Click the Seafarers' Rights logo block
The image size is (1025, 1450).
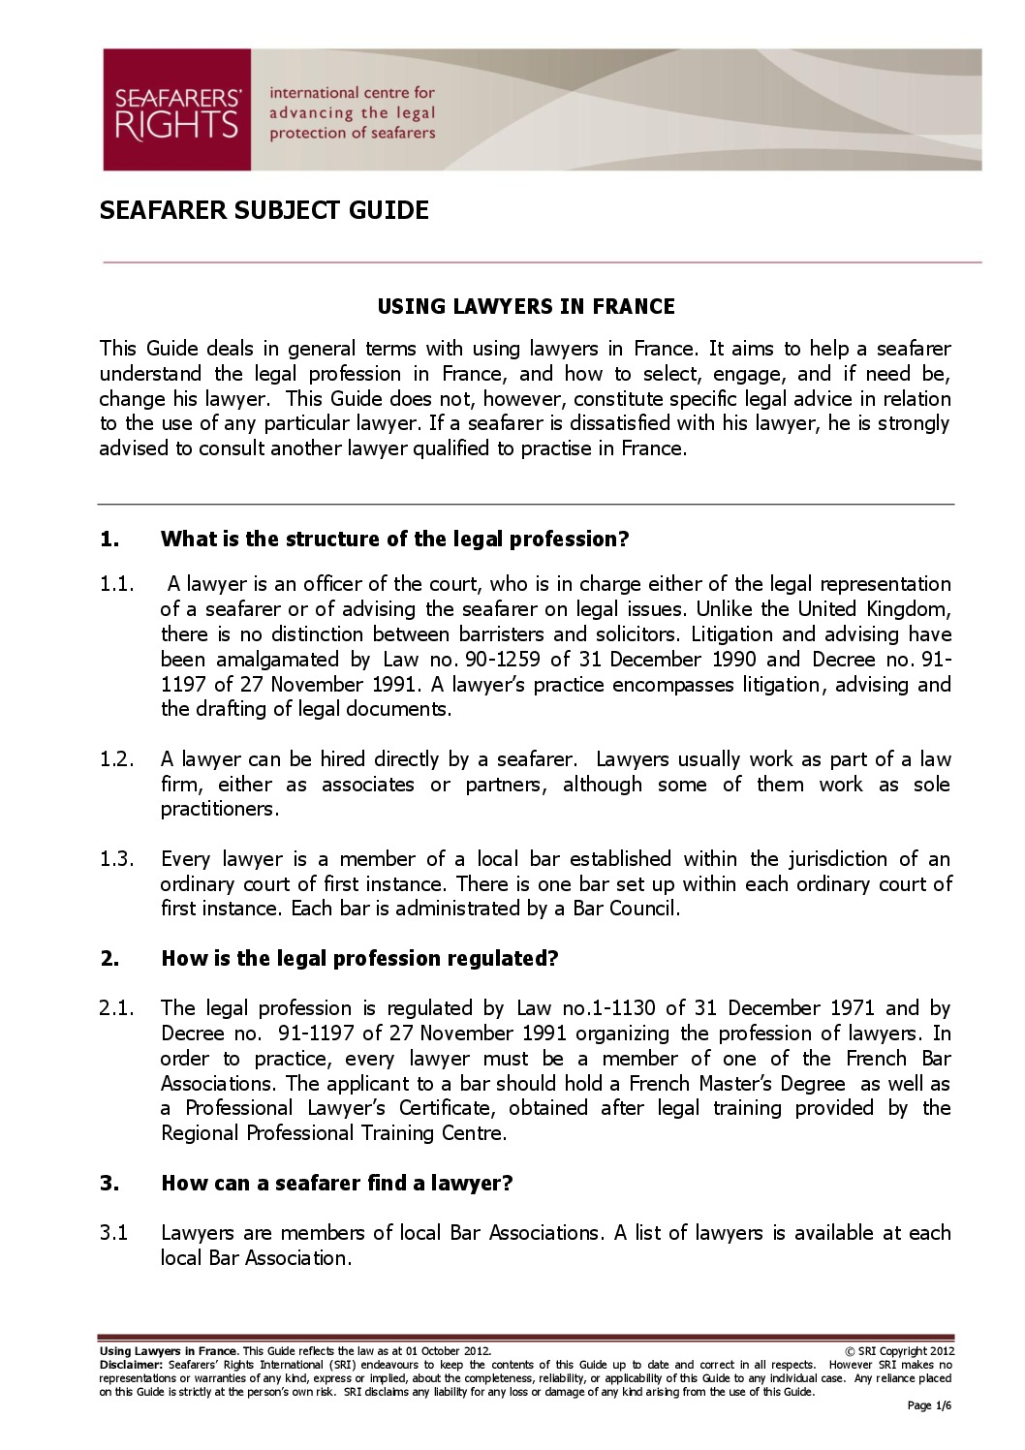point(177,109)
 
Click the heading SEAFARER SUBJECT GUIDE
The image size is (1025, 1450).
point(264,210)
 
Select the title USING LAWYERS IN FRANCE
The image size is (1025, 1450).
point(525,307)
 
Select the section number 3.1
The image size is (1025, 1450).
point(113,1233)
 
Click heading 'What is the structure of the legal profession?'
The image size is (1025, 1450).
point(394,540)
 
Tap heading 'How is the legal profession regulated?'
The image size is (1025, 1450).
point(359,959)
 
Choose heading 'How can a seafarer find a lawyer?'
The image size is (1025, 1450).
point(336,1184)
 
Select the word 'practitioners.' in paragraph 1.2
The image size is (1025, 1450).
point(220,809)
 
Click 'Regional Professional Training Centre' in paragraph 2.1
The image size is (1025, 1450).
point(332,1133)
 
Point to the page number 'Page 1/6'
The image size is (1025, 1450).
point(930,1405)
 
